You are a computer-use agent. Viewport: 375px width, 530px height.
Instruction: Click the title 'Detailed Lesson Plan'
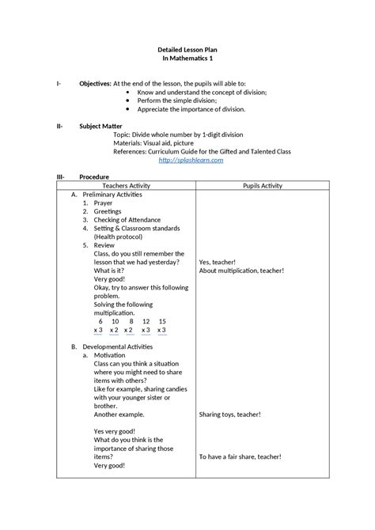tap(187, 49)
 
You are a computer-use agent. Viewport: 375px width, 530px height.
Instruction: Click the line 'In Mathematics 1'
tap(187, 59)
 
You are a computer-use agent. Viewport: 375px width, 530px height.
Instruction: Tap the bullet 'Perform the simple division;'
tap(179, 101)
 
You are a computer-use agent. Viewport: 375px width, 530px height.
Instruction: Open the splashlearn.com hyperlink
tap(191, 160)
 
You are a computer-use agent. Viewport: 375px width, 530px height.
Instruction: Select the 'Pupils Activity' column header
tap(262, 185)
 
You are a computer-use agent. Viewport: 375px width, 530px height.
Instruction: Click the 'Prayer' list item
tap(104, 203)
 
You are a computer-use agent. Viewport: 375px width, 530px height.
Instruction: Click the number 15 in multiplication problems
tap(162, 321)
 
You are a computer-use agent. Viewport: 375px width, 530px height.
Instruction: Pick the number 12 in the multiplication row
tap(146, 321)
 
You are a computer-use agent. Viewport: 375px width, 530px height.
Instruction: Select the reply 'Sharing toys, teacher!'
tap(230, 415)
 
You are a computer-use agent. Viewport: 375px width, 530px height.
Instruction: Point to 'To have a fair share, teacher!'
tap(241, 456)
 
